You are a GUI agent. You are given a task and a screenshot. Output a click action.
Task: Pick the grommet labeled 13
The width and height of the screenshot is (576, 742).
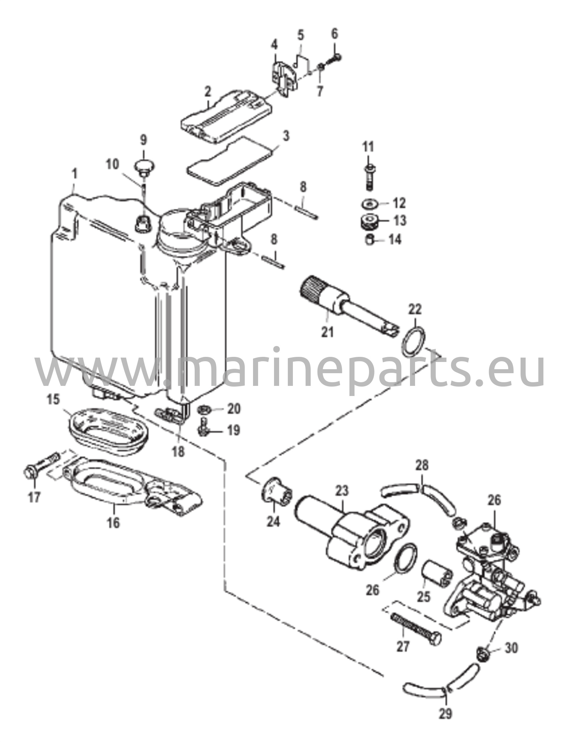point(369,221)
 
